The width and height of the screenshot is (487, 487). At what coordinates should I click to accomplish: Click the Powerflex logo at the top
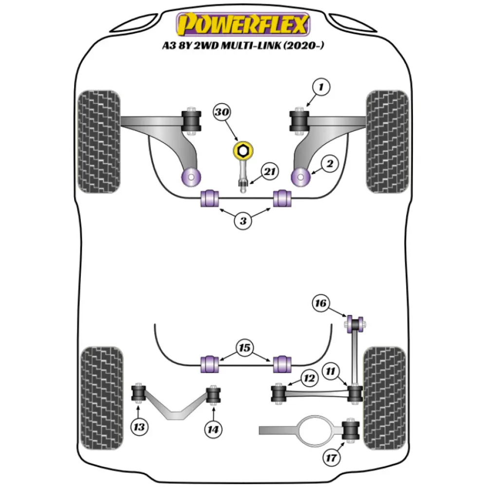[243, 24]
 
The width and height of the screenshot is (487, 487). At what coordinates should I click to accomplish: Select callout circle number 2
[330, 164]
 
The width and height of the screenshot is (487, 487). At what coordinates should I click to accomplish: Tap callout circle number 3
[243, 221]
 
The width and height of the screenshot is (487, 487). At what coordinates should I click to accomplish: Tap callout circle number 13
[139, 428]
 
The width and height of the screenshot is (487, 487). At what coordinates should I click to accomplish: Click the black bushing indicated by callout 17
[351, 429]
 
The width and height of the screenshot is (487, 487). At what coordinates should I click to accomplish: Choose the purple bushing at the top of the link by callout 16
[356, 323]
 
